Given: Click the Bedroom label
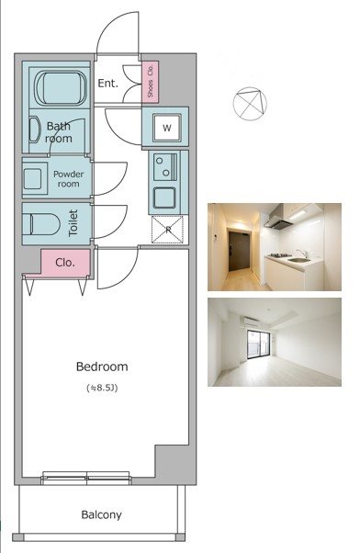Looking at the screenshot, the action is click(x=102, y=367).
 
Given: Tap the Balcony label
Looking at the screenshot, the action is click(x=101, y=515).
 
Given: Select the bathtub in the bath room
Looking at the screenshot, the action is click(x=61, y=88).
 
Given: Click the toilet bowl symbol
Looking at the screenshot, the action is click(x=41, y=224).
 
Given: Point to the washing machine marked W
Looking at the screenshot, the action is click(x=167, y=128).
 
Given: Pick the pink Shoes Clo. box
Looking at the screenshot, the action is click(x=151, y=82).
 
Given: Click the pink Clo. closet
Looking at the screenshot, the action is click(x=65, y=263).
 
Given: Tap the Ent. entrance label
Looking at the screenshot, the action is click(x=107, y=84).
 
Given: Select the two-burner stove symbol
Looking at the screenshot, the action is click(x=165, y=167).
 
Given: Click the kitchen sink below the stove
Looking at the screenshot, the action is click(x=164, y=197).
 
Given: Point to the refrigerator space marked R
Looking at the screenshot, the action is click(x=167, y=230).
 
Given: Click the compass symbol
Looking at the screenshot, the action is click(x=250, y=104).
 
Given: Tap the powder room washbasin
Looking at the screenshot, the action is click(x=34, y=178).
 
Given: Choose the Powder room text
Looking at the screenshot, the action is click(x=68, y=179).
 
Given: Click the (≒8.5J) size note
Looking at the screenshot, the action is click(x=102, y=388).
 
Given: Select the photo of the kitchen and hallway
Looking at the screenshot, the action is click(x=275, y=247).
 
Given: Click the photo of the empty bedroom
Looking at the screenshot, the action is click(x=275, y=342).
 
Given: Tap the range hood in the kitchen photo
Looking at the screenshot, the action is click(x=279, y=218).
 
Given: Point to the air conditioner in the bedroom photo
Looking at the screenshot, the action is click(x=253, y=322).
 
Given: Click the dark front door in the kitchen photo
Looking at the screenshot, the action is click(x=240, y=251).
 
